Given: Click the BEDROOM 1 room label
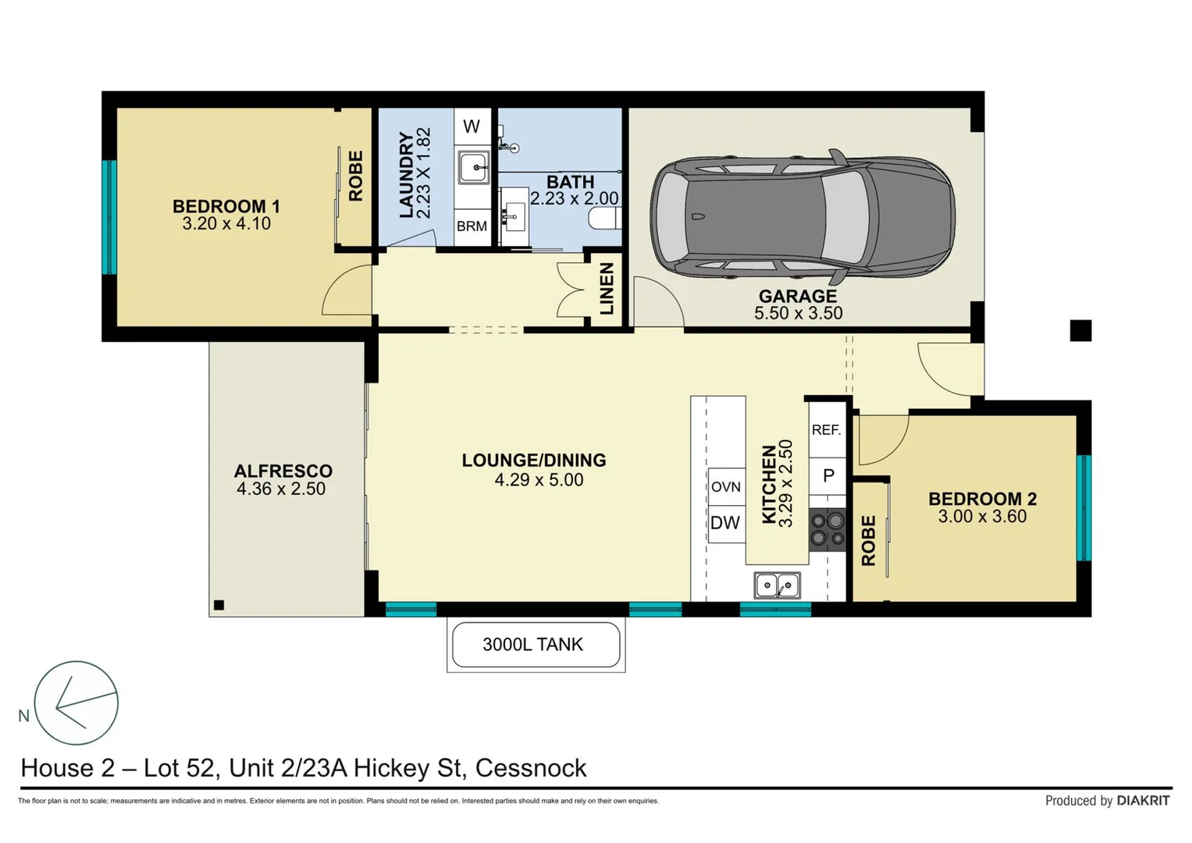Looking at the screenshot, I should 226,207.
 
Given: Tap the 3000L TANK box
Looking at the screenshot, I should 536,645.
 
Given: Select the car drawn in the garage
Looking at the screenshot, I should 802,216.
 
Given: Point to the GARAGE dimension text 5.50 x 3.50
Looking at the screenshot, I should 798,313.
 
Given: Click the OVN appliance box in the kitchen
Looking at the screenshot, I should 725,487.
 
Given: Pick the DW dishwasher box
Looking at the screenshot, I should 725,523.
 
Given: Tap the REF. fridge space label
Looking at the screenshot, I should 826,430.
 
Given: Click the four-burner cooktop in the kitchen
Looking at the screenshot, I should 827,529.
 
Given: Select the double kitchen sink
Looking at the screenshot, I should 777,585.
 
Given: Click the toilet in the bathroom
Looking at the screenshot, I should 604,218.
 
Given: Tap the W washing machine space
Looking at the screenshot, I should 471,126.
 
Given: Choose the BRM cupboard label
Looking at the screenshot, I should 471,226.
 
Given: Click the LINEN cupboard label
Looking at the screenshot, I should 607,289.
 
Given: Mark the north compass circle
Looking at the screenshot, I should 76,702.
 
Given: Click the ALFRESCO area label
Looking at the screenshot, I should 283,471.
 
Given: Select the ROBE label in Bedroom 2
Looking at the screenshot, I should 868,540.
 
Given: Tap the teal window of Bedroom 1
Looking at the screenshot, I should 110,217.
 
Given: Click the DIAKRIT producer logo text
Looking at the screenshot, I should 1143,801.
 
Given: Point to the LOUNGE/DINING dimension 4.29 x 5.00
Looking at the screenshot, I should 539,480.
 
